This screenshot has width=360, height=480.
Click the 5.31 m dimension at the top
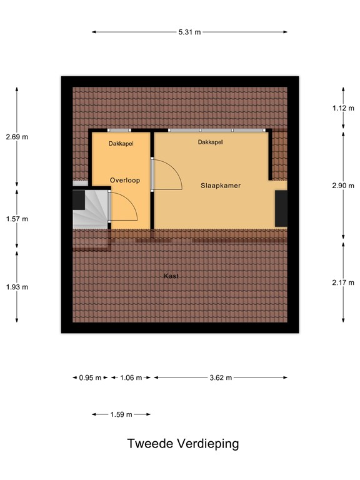pyautogui.click(x=190, y=32)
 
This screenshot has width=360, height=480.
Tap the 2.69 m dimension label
pyautogui.click(x=17, y=137)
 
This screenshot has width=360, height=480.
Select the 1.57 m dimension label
pyautogui.click(x=17, y=219)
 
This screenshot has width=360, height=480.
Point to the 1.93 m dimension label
pyautogui.click(x=17, y=287)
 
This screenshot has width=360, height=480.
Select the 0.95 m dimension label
pyautogui.click(x=90, y=377)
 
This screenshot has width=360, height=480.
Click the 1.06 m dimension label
pyautogui.click(x=131, y=377)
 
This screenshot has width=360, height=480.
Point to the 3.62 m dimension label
pyautogui.click(x=221, y=377)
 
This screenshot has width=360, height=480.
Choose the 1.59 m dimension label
pyautogui.click(x=121, y=414)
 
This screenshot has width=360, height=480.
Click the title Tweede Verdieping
pyautogui.click(x=183, y=444)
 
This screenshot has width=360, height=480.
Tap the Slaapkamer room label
pyautogui.click(x=221, y=186)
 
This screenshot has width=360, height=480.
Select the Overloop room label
pyautogui.click(x=124, y=181)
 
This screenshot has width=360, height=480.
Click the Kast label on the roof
pyautogui.click(x=170, y=276)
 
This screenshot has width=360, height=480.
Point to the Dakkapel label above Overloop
pyautogui.click(x=121, y=143)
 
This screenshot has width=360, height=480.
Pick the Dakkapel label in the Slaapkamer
pyautogui.click(x=211, y=142)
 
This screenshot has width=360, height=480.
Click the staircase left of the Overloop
pyautogui.click(x=91, y=211)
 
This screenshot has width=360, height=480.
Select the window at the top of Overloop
pyautogui.click(x=119, y=131)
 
